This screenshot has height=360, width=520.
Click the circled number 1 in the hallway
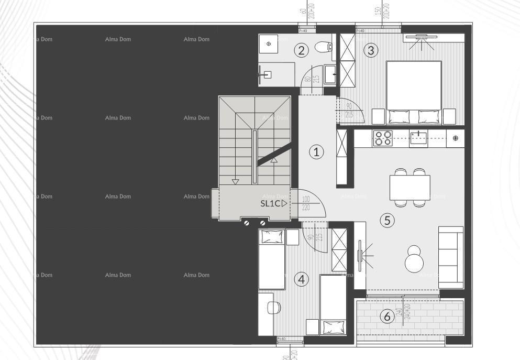[316, 152]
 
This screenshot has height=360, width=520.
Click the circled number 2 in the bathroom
[301, 50]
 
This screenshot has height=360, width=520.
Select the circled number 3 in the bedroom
[371, 50]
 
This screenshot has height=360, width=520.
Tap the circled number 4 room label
[301, 279]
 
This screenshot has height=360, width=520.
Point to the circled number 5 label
[387, 220]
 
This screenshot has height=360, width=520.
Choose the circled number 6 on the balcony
[386, 317]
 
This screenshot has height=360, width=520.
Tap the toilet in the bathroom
[324, 48]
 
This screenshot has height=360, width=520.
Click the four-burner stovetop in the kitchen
[382, 138]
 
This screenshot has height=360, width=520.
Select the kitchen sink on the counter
[418, 138]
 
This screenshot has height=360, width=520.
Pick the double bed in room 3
[414, 92]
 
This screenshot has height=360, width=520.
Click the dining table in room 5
[410, 187]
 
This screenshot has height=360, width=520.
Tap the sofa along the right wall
[451, 257]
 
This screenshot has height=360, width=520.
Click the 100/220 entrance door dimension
[306, 203]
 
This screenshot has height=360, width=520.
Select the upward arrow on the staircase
[274, 161]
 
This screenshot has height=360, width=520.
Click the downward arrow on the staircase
[235, 181]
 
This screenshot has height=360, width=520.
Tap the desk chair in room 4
[273, 308]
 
